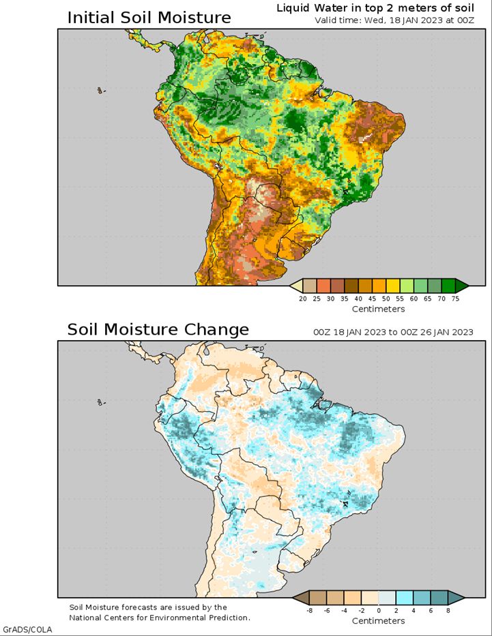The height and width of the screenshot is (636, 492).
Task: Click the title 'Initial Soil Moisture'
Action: (149, 17)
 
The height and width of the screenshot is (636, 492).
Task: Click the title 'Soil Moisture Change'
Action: (158, 330)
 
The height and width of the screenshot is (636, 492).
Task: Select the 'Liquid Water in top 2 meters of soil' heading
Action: (375, 7)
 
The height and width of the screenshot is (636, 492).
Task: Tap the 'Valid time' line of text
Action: (394, 20)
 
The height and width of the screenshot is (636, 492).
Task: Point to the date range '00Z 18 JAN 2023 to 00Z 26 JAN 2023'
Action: (393, 332)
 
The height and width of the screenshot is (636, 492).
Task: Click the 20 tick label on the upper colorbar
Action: (303, 299)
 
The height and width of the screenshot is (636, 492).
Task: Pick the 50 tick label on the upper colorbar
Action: (386, 299)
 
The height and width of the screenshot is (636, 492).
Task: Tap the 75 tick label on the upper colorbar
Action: (456, 299)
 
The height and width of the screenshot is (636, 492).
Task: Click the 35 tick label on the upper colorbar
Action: (345, 299)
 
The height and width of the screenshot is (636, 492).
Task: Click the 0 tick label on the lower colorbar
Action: (379, 611)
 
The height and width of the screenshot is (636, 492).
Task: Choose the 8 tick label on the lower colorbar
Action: (448, 611)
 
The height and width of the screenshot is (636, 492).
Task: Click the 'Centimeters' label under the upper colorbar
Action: (378, 309)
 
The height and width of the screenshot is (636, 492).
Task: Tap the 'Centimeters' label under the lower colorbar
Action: (378, 621)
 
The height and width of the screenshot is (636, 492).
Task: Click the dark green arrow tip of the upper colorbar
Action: (462, 285)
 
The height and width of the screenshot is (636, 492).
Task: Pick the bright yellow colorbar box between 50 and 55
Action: (393, 285)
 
